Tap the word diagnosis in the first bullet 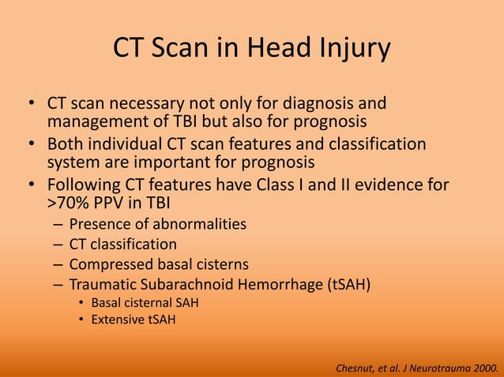322,103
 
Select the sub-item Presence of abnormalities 157,224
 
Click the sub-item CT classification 122,244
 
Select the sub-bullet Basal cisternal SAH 144,303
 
